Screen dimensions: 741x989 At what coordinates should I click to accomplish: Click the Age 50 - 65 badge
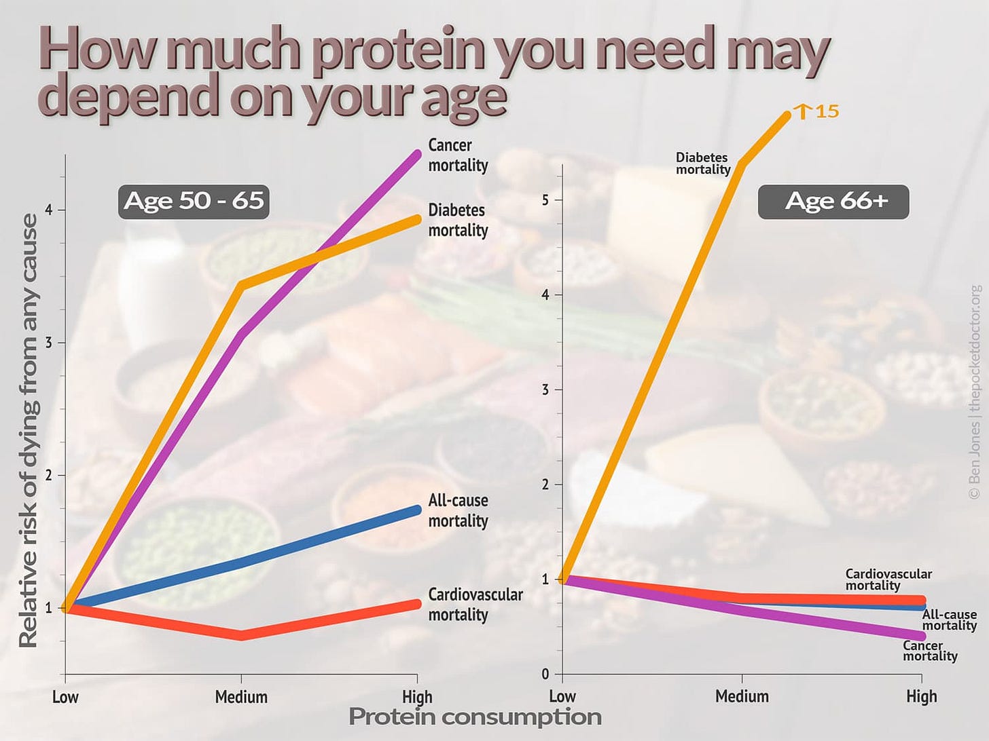194,201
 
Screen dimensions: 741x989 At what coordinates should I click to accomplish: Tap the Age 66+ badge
833,202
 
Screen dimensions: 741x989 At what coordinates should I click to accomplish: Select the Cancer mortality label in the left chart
457,155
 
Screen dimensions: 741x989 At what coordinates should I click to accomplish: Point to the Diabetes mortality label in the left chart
457,221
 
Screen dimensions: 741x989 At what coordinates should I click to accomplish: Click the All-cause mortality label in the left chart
457,510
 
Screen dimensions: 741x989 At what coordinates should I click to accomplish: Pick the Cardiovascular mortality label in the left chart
475,605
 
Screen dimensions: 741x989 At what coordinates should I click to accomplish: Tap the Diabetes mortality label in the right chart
702,164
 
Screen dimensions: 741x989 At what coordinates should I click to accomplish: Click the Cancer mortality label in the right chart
929,651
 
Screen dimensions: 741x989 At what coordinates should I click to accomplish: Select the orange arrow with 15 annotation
819,111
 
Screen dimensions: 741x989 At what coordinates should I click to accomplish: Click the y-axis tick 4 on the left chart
49,210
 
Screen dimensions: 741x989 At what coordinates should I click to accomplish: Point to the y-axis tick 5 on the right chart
545,199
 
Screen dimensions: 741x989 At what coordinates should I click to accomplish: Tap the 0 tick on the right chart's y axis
545,674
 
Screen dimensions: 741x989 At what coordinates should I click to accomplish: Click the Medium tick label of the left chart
241,697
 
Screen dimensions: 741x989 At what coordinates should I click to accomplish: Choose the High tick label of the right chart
921,696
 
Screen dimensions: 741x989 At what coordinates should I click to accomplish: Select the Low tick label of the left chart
65,697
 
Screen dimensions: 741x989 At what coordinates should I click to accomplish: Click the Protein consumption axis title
475,717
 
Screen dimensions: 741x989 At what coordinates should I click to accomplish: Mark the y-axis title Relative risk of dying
29,430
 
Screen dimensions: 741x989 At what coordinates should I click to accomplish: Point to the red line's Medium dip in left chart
241,635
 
